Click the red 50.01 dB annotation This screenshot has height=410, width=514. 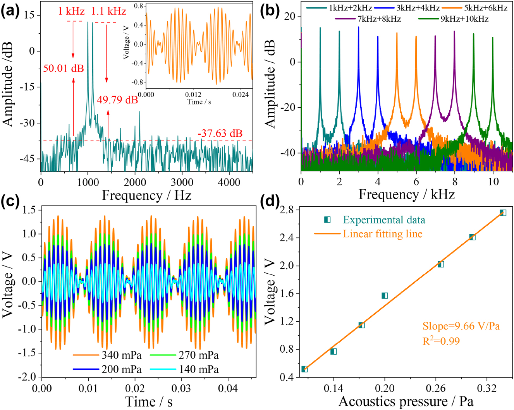pos(64,69)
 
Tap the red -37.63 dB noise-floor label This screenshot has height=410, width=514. pos(220,134)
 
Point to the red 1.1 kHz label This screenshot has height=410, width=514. pos(108,12)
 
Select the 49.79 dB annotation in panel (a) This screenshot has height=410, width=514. pos(117,100)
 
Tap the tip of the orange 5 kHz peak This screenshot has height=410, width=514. pos(397,33)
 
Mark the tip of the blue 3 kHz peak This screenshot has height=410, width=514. pos(358,27)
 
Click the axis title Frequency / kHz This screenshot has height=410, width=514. pos(406,194)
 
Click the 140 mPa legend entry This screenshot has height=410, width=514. pos(198,369)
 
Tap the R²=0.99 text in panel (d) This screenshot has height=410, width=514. pos(441,341)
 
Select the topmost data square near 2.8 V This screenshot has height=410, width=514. pos(503,213)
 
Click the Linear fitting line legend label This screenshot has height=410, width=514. pos(382,234)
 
